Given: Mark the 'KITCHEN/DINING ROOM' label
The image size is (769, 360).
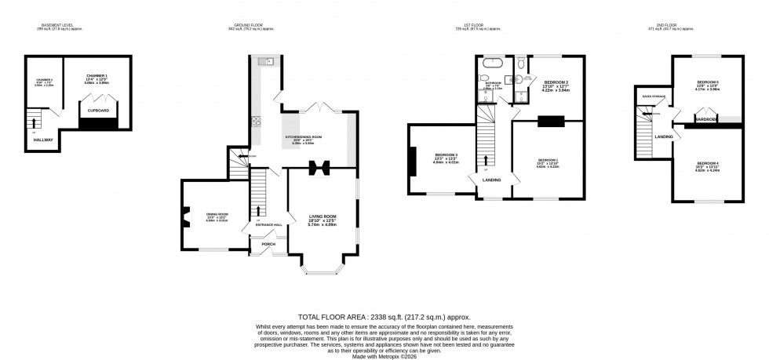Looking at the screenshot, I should click(x=304, y=136).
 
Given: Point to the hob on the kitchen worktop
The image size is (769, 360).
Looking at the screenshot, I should click(x=255, y=122).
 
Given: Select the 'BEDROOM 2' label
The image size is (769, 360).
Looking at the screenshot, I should click(x=556, y=82).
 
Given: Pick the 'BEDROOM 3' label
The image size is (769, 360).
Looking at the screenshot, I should click(x=446, y=155).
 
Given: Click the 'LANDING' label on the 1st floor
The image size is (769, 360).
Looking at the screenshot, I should click(x=491, y=180).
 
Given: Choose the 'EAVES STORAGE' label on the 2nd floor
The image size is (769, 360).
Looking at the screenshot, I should click(x=653, y=96).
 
